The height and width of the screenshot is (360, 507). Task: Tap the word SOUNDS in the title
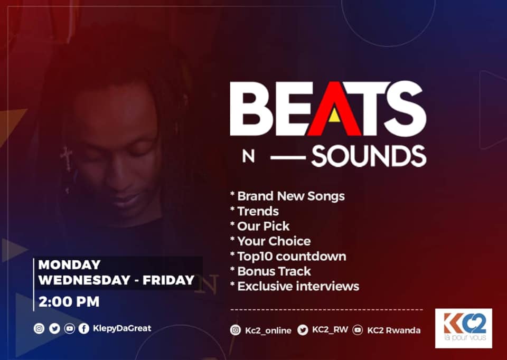pyautogui.click(x=369, y=156)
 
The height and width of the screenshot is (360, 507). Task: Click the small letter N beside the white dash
pyautogui.click(x=248, y=157)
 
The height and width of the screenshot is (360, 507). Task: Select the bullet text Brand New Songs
pyautogui.click(x=290, y=196)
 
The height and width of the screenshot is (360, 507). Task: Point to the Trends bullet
pyautogui.click(x=258, y=211)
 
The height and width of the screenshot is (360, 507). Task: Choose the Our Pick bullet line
pyautogui.click(x=263, y=226)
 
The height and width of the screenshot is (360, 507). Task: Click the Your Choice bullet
pyautogui.click(x=274, y=241)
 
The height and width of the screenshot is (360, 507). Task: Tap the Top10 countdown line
pyautogui.click(x=292, y=256)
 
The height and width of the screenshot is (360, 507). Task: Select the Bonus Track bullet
pyautogui.click(x=274, y=271)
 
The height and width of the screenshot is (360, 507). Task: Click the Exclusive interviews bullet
pyautogui.click(x=298, y=286)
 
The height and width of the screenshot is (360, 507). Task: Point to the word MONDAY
pyautogui.click(x=69, y=265)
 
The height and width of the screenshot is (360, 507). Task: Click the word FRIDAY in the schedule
pyautogui.click(x=168, y=280)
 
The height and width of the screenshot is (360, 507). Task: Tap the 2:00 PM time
pyautogui.click(x=69, y=302)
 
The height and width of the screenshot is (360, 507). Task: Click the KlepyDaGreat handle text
pyautogui.click(x=122, y=328)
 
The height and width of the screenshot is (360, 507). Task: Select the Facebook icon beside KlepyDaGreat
pyautogui.click(x=84, y=329)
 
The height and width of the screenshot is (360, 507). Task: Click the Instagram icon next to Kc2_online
pyautogui.click(x=236, y=330)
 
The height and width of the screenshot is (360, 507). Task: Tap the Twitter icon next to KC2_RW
pyautogui.click(x=303, y=330)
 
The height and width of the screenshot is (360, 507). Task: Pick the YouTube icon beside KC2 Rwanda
pyautogui.click(x=358, y=330)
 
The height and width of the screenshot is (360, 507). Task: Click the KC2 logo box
pyautogui.click(x=464, y=328)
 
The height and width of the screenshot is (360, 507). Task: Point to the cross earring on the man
pyautogui.click(x=67, y=158)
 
